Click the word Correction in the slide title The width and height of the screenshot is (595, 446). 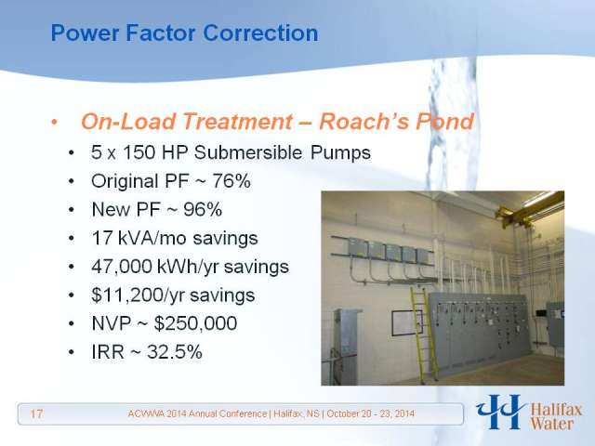click(260, 33)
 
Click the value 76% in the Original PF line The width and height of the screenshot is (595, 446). click(231, 181)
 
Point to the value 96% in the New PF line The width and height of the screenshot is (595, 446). click(203, 209)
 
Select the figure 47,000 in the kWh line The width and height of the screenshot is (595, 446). click(122, 267)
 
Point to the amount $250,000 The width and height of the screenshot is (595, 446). click(196, 323)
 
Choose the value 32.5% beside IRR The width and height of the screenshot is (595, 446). click(175, 352)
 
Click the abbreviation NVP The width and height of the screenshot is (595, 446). click(112, 323)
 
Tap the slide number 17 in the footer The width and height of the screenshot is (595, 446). click(36, 413)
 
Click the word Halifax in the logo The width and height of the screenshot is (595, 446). click(556, 410)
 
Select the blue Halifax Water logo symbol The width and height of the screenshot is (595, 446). click(500, 412)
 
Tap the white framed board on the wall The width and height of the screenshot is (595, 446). click(407, 323)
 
